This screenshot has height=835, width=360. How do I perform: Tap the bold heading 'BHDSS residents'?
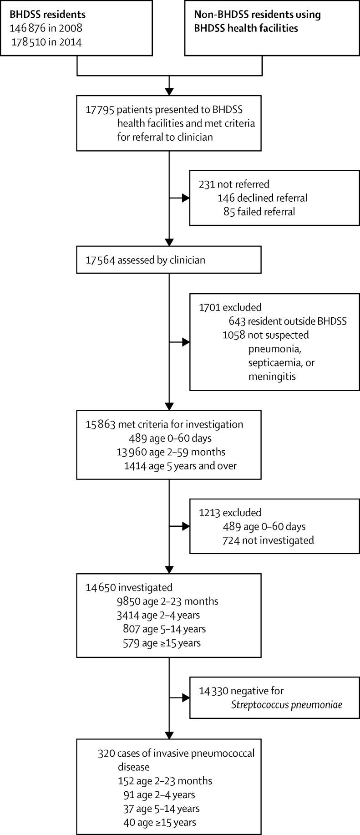click(47, 15)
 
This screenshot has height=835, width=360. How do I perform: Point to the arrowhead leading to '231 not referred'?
click(185, 198)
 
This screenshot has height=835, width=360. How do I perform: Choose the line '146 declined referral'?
click(261, 198)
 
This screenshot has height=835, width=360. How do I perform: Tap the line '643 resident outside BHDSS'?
click(288, 321)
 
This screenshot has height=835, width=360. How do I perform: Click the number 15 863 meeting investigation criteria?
click(100, 424)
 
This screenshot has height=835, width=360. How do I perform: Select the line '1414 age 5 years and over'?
click(180, 466)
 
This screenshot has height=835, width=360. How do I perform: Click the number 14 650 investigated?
click(100, 587)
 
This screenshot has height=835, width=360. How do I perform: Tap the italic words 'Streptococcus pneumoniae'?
click(286, 705)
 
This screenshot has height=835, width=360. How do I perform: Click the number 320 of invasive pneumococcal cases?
click(106, 753)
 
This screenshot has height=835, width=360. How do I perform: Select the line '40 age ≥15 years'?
click(159, 822)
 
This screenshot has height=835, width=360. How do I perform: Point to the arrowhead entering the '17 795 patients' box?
click(169, 91)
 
